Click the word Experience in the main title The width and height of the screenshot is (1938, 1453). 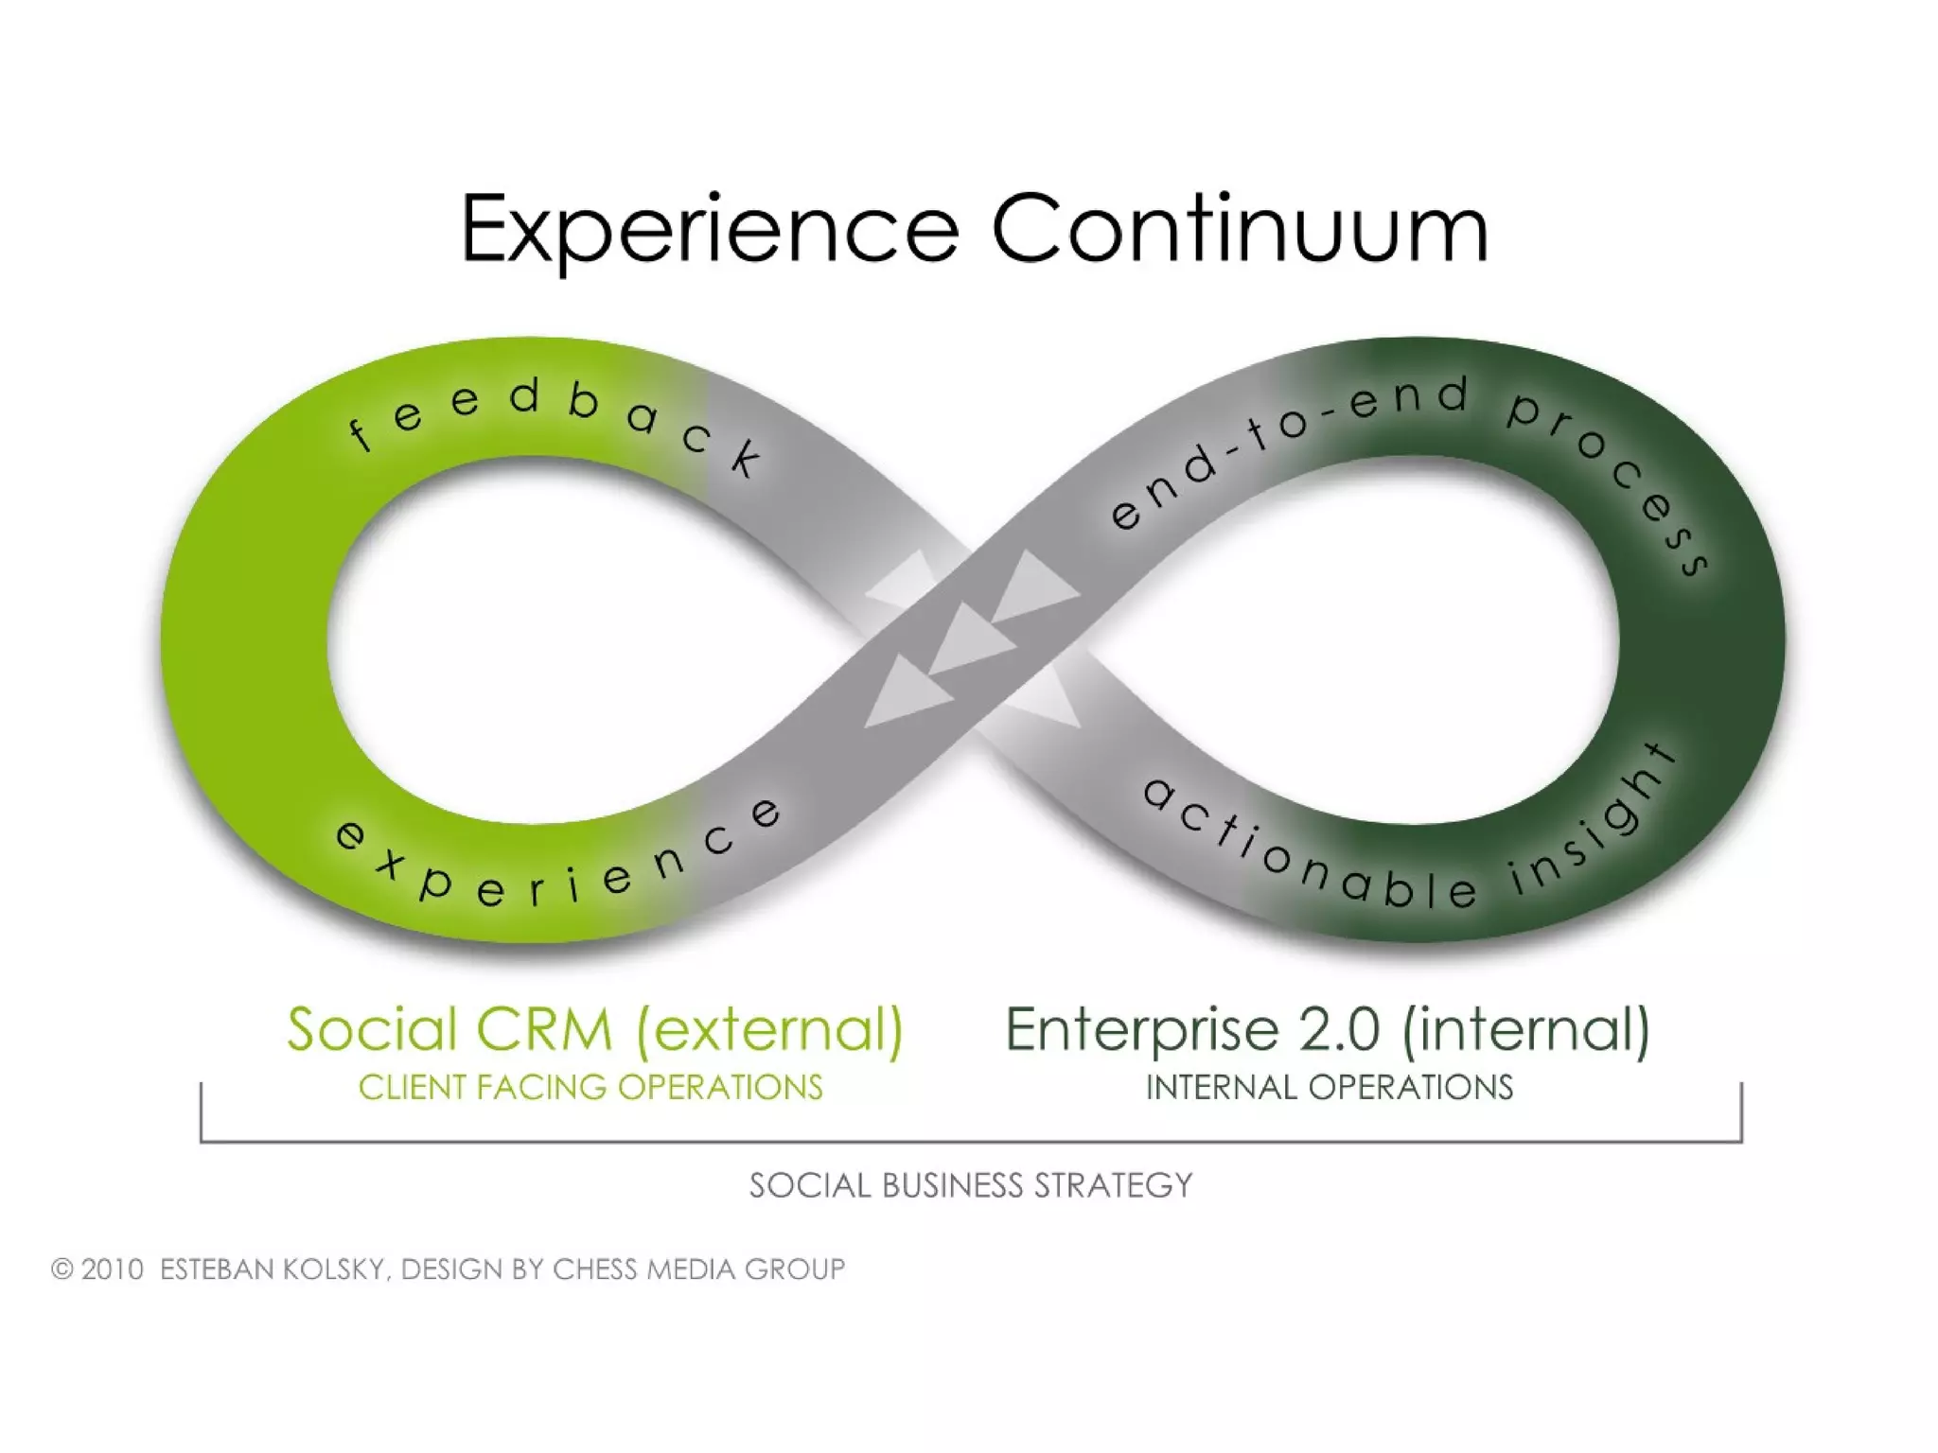[710, 230]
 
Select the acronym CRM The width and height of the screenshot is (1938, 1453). [544, 1029]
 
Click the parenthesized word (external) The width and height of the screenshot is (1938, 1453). [769, 1029]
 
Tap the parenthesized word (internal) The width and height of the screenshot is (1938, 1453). [1525, 1029]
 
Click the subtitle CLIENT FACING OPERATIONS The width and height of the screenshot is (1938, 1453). [590, 1088]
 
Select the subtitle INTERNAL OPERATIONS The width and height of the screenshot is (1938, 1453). [1330, 1088]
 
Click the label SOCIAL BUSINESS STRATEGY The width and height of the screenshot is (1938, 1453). [971, 1185]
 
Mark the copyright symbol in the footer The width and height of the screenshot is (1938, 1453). [62, 1269]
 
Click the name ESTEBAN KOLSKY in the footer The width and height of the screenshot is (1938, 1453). [271, 1269]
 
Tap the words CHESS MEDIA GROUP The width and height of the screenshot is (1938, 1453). [698, 1269]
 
